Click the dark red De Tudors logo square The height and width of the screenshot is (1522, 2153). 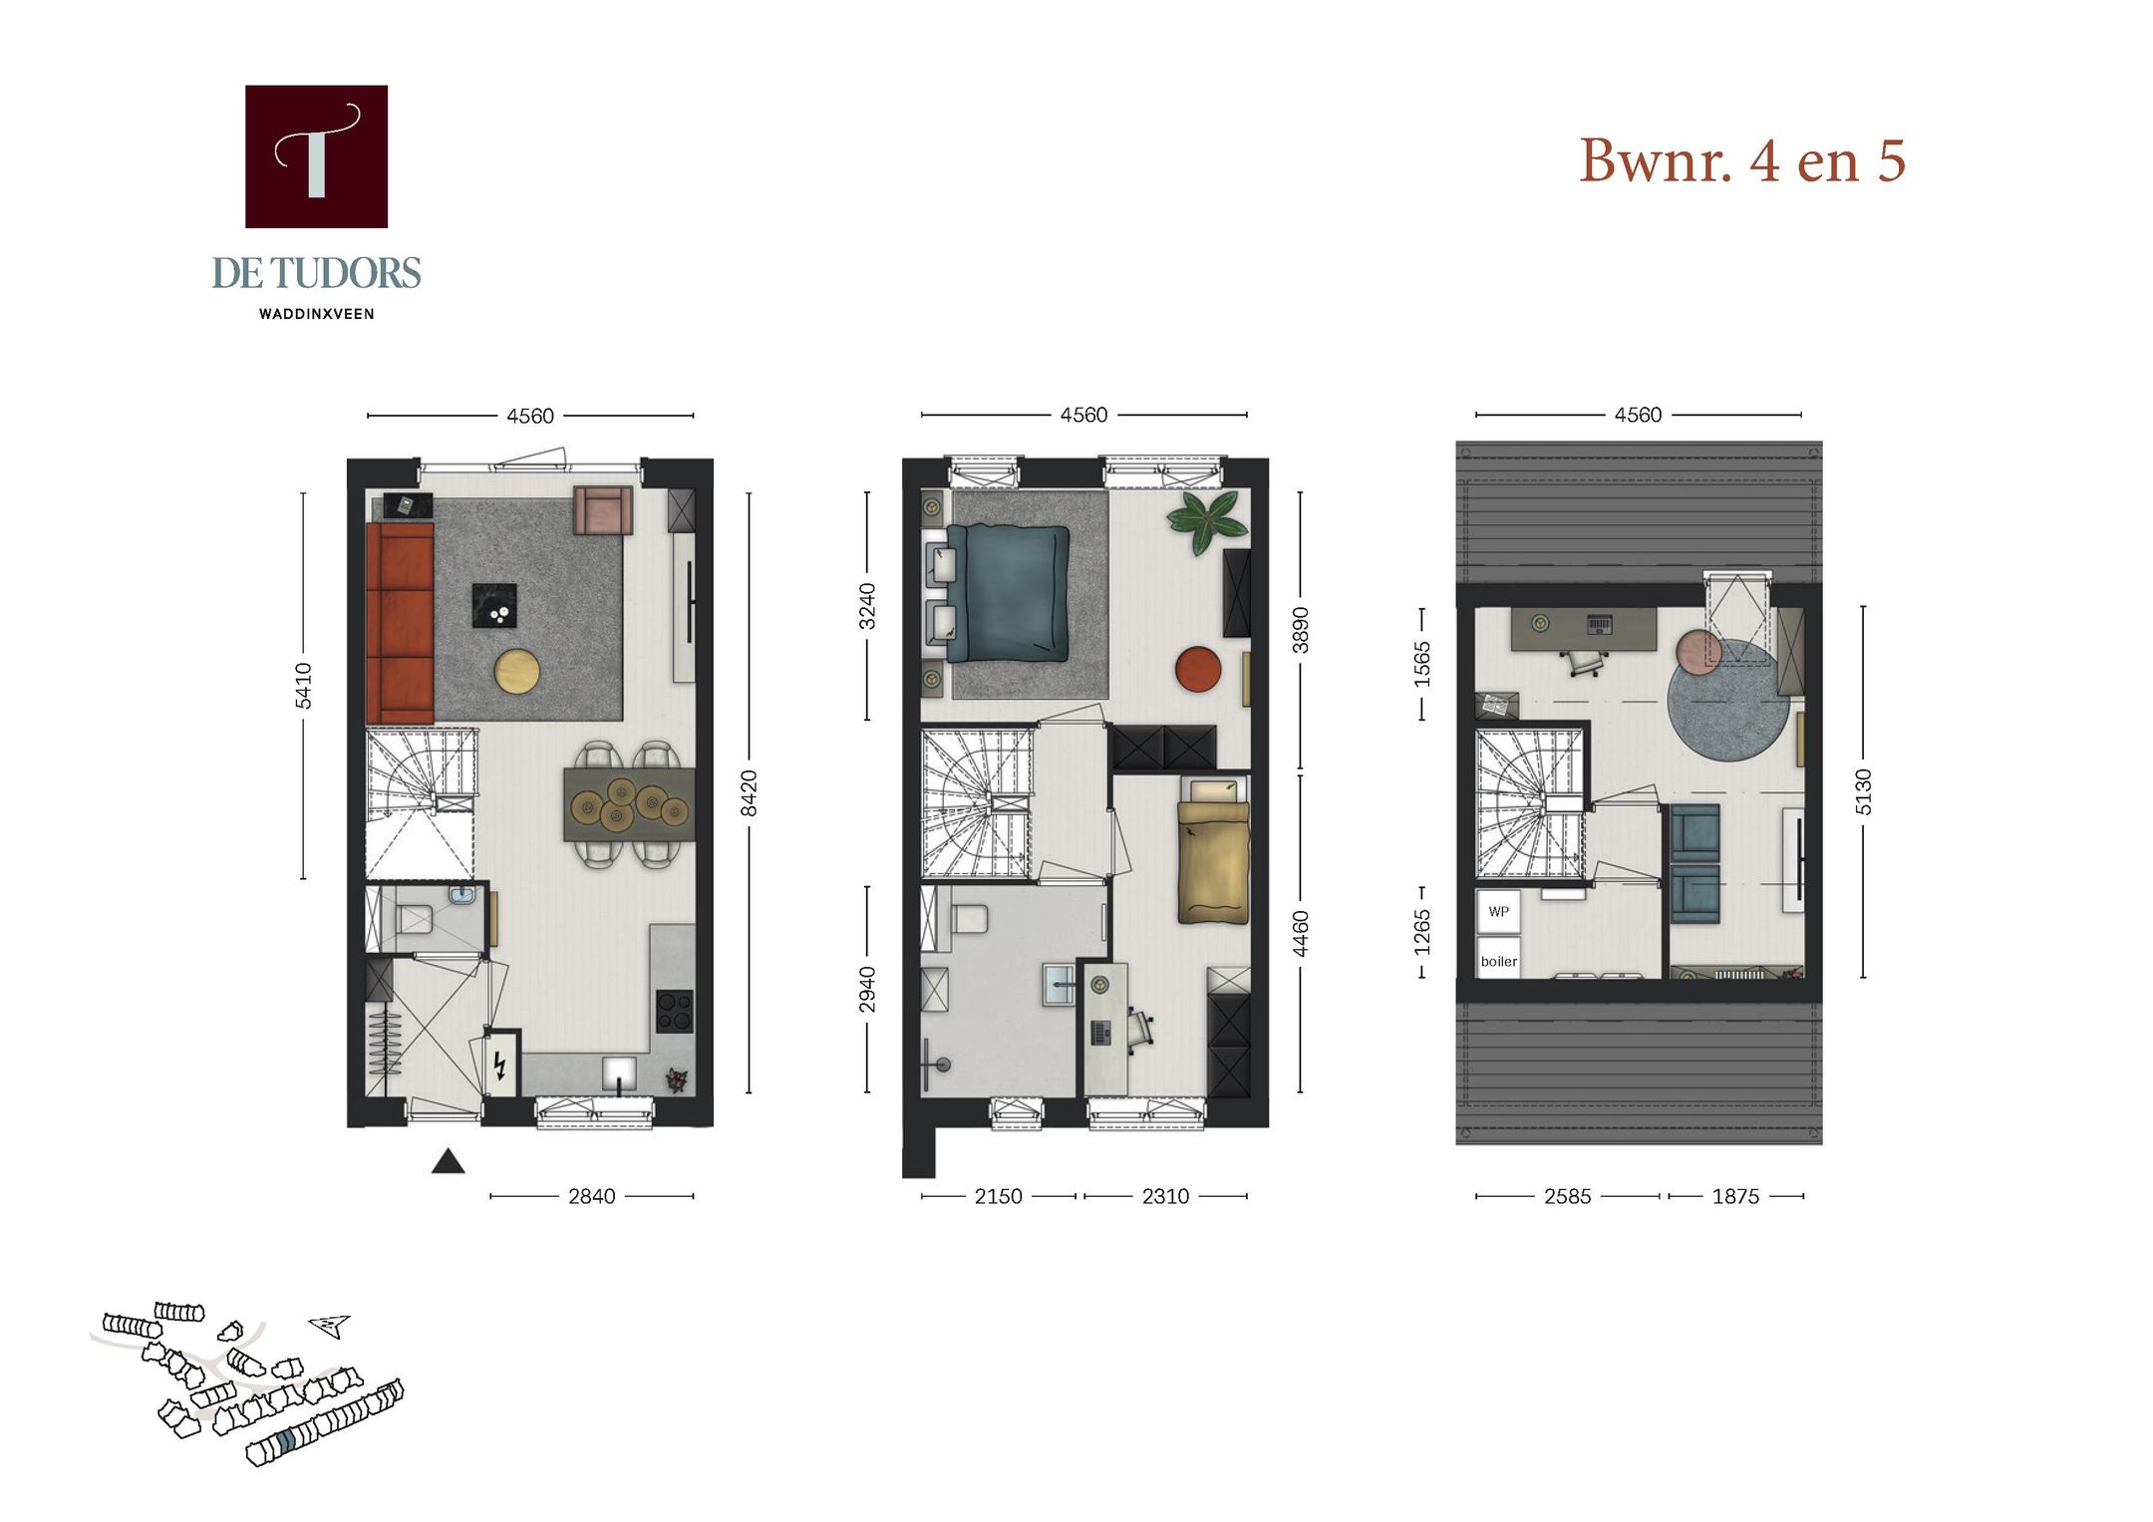(x=316, y=156)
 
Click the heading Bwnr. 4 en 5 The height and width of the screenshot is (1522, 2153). (x=1741, y=160)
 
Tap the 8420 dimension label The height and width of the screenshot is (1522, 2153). (x=749, y=792)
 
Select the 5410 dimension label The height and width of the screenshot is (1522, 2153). (x=303, y=686)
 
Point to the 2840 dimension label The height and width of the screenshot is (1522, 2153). (x=591, y=1196)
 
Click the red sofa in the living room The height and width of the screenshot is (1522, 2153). (x=400, y=623)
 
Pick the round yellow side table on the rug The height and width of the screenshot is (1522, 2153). (x=517, y=671)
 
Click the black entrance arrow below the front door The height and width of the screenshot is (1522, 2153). (x=448, y=1161)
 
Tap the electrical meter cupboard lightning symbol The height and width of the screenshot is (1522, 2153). (x=500, y=1066)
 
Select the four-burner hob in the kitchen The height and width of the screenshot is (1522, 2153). (x=674, y=1011)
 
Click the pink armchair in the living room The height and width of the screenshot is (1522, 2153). (x=602, y=510)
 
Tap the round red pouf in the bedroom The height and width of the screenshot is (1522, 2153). (x=1197, y=668)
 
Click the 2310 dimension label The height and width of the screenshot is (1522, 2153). (x=1165, y=1196)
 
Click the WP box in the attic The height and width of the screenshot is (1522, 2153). (x=1498, y=911)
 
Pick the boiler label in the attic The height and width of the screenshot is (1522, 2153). (x=1498, y=961)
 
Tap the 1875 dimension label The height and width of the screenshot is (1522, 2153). (x=1735, y=1196)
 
